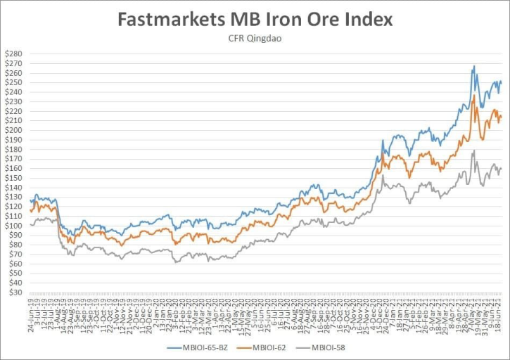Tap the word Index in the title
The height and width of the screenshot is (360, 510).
[x=364, y=19]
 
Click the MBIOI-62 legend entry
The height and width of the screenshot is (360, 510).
[x=264, y=347]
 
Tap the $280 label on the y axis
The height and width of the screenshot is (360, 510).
[x=14, y=54]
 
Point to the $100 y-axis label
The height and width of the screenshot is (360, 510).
[x=14, y=226]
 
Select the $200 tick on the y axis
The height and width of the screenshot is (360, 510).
[x=14, y=130]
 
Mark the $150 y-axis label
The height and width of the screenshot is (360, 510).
[x=14, y=178]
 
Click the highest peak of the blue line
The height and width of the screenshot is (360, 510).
[x=474, y=66]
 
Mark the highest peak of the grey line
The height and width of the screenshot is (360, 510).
[x=474, y=150]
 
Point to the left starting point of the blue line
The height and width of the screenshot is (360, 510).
[x=30, y=201]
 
